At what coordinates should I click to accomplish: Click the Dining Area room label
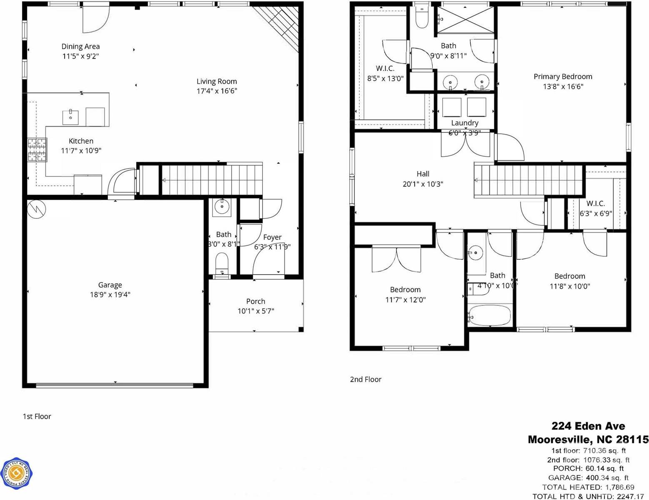[x=80, y=47]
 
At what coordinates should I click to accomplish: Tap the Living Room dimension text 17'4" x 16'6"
[x=217, y=91]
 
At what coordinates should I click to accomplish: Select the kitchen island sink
[x=70, y=117]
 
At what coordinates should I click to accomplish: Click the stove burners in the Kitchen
[x=37, y=150]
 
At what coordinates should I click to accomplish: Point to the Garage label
[x=110, y=285]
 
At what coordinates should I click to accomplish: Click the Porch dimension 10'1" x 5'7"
[x=255, y=311]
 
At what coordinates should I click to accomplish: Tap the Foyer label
[x=272, y=237]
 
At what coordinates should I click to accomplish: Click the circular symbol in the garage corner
[x=36, y=208]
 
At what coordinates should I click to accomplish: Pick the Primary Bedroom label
[x=563, y=77]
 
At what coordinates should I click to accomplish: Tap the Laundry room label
[x=464, y=123]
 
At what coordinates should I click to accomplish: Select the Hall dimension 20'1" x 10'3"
[x=422, y=184]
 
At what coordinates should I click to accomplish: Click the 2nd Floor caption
[x=365, y=380]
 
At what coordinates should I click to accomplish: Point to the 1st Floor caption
[x=37, y=416]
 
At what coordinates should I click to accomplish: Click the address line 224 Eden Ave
[x=588, y=426]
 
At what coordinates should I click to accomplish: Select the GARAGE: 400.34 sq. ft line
[x=588, y=478]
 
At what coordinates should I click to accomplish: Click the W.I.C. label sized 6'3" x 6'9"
[x=595, y=204]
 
